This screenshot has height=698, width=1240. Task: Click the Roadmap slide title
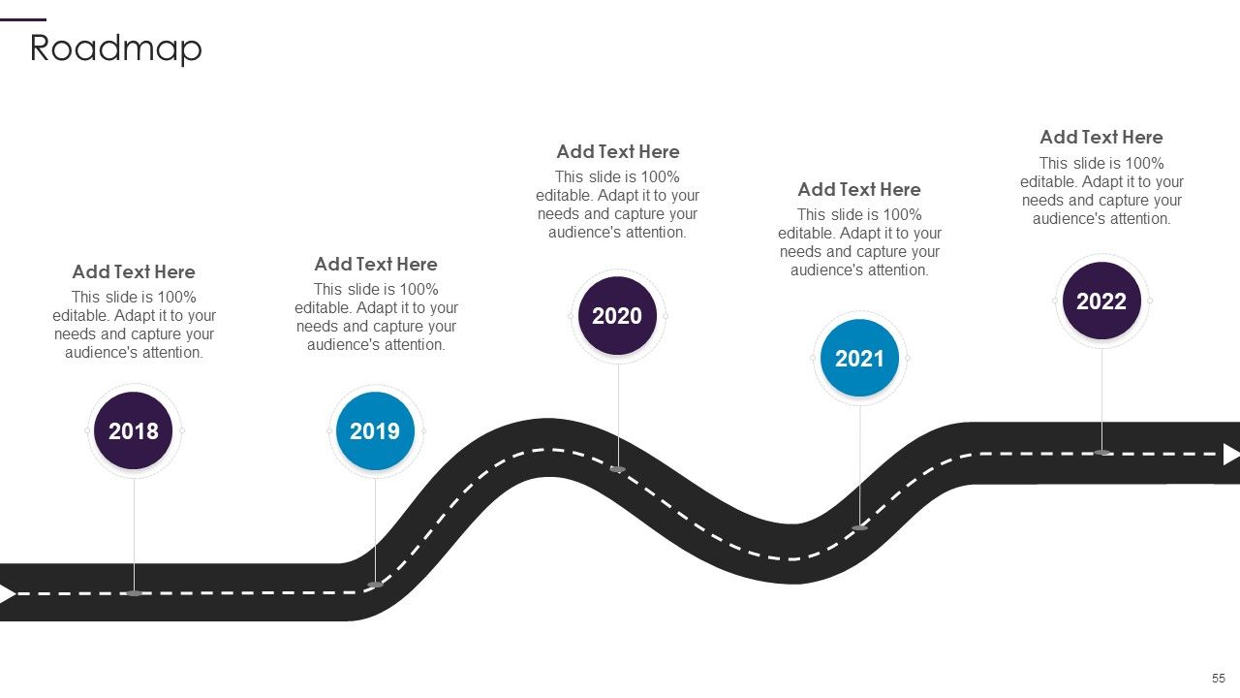pyautogui.click(x=115, y=48)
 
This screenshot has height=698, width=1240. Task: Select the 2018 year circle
pyautogui.click(x=134, y=430)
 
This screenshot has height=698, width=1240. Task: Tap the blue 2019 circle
pyautogui.click(x=375, y=430)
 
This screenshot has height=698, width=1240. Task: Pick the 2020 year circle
pyautogui.click(x=617, y=316)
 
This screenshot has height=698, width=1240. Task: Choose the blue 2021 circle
pyautogui.click(x=859, y=358)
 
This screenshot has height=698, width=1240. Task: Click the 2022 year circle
pyautogui.click(x=1101, y=301)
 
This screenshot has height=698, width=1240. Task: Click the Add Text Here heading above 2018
pyautogui.click(x=134, y=272)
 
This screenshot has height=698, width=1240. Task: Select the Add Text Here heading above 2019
pyautogui.click(x=376, y=265)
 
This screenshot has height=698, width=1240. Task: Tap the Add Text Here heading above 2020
pyautogui.click(x=618, y=152)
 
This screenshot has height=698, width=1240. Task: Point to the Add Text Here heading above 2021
pyautogui.click(x=859, y=189)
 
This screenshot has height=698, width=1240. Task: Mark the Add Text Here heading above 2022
pyautogui.click(x=1101, y=138)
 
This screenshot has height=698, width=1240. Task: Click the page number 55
pyautogui.click(x=1219, y=679)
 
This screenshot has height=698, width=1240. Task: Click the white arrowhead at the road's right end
pyautogui.click(x=1230, y=455)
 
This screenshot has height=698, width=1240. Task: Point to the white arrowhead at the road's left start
pyautogui.click(x=7, y=594)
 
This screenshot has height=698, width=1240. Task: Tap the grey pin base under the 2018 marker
pyautogui.click(x=134, y=593)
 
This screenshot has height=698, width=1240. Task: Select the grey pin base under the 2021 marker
pyautogui.click(x=859, y=528)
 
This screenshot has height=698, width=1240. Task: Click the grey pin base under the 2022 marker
pyautogui.click(x=1102, y=453)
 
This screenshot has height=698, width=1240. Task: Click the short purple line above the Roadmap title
pyautogui.click(x=23, y=20)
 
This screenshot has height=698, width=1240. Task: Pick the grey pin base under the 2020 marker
pyautogui.click(x=618, y=469)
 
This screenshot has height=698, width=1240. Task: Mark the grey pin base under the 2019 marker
pyautogui.click(x=375, y=585)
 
